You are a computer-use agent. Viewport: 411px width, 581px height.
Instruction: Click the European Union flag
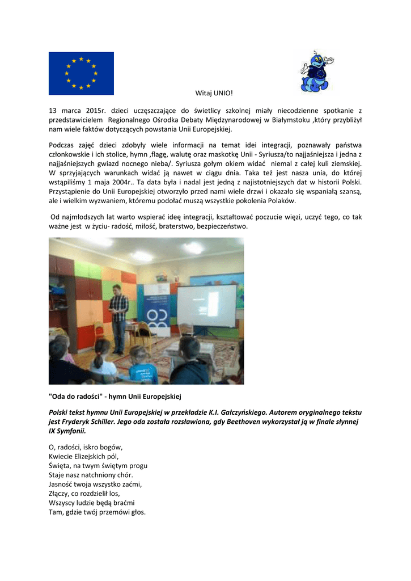[81, 73]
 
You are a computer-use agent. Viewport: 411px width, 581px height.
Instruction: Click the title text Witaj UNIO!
[214, 92]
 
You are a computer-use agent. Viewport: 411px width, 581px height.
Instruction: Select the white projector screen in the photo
[207, 306]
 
